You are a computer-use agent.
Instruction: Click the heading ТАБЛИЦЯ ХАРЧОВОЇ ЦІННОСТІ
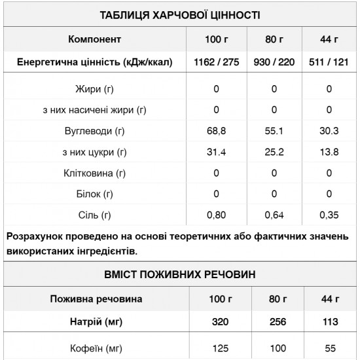(x=179, y=14)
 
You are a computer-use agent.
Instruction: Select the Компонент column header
(x=94, y=39)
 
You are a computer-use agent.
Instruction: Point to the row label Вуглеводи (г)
(x=94, y=131)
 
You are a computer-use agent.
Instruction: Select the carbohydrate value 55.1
(x=274, y=131)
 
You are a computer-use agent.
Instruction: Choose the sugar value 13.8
(x=329, y=152)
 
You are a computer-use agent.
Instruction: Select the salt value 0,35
(x=329, y=215)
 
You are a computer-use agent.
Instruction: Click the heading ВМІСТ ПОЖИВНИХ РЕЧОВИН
(x=179, y=274)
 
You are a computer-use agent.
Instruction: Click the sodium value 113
(x=329, y=322)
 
